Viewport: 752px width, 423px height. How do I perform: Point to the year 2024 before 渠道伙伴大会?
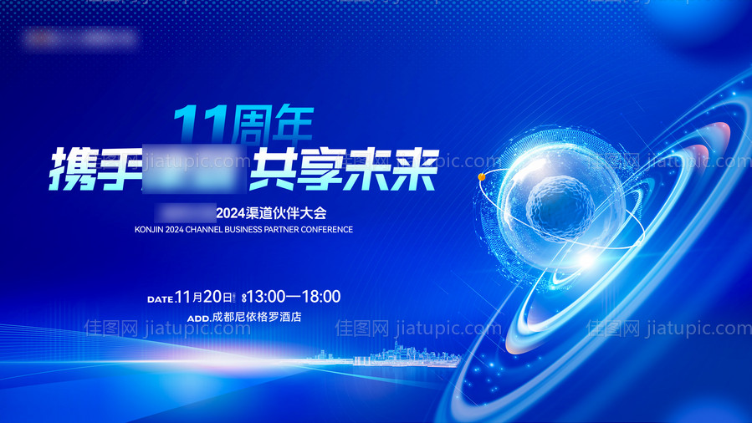228,212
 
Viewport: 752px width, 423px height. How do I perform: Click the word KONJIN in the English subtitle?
153,230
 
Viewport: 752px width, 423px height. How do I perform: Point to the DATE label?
160,298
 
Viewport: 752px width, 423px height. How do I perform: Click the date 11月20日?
203,296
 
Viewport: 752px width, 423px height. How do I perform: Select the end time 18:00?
320,296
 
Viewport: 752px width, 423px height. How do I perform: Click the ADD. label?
198,319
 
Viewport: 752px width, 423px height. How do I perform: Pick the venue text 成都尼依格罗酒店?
256,318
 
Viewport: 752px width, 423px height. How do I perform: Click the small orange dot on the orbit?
481,177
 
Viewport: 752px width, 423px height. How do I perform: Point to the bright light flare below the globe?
583,262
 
